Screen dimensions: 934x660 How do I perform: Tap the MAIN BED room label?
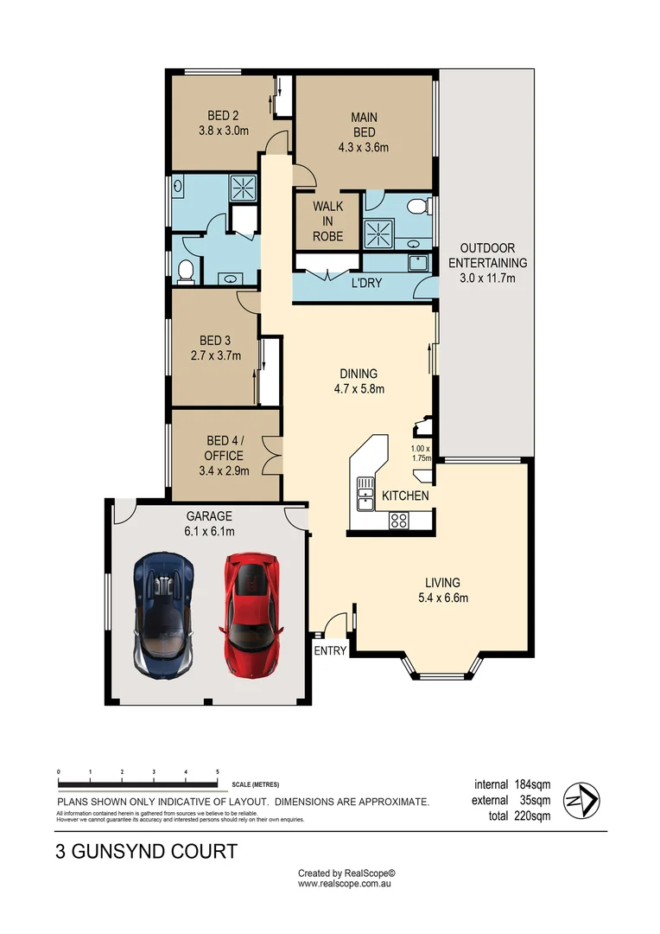point(364,125)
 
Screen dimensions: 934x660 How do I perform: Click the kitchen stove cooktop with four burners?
point(398,520)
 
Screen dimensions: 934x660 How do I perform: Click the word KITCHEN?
point(405,496)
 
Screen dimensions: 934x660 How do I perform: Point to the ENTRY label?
point(329,651)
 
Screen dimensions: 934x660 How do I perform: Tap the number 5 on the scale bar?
point(217,771)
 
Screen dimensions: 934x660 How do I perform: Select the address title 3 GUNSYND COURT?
point(146,852)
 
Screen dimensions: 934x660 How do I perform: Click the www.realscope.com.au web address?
point(346,885)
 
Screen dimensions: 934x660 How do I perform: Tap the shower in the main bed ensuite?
point(378,233)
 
